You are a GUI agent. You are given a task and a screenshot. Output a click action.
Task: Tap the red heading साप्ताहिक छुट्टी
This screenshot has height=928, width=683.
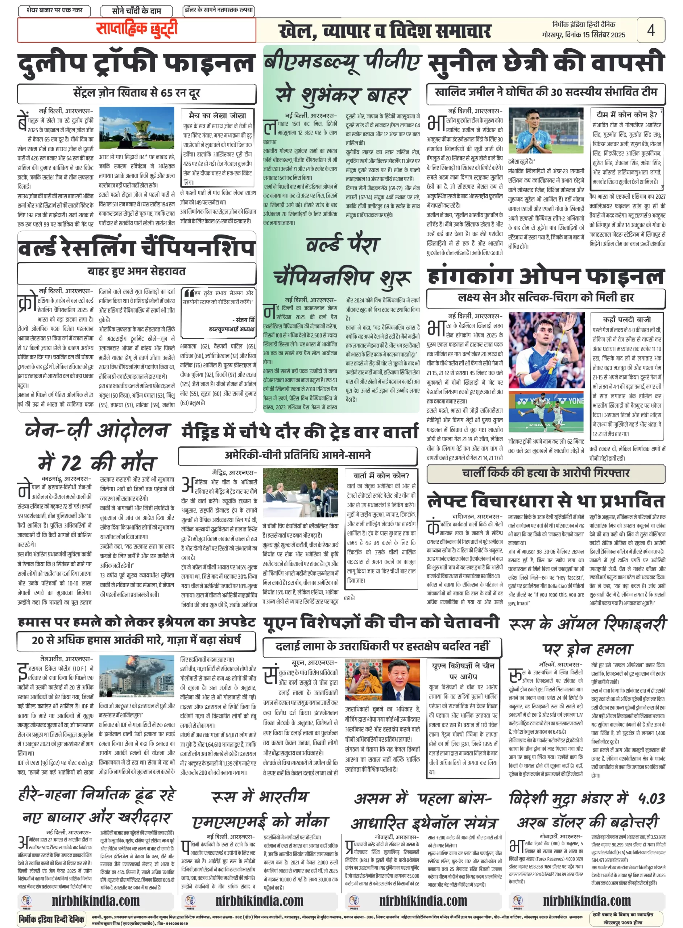tap(136, 29)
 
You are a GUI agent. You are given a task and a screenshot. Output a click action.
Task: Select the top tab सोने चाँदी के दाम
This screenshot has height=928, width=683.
tap(136, 11)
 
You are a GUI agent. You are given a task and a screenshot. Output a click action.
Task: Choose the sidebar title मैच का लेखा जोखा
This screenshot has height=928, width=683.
tap(218, 115)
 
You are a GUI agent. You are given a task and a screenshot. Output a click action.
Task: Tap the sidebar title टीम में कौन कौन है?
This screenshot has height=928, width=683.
tap(626, 115)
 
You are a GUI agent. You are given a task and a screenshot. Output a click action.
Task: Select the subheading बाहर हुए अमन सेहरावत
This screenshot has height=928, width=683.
tap(136, 272)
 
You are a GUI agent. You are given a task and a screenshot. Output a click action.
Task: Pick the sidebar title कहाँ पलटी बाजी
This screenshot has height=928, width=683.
tap(627, 319)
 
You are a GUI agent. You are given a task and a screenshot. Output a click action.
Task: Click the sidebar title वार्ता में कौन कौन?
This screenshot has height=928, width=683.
tap(381, 475)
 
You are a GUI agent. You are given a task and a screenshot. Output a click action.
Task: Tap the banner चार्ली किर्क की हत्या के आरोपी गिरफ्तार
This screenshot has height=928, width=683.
tap(546, 473)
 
